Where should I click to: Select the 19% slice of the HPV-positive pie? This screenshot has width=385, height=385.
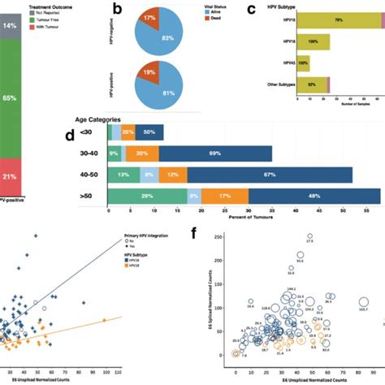click(x=126, y=76)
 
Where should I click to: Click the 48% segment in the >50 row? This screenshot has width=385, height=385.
click(x=314, y=195)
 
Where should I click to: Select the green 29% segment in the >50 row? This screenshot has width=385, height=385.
click(x=146, y=195)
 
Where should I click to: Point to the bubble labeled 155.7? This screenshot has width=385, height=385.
click(x=364, y=303)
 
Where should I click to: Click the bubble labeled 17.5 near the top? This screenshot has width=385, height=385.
click(x=309, y=236)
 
